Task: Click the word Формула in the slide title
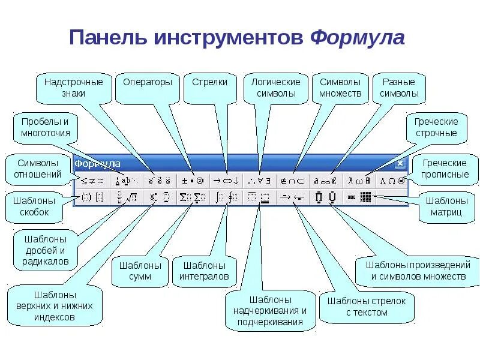358,37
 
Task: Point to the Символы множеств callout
340,88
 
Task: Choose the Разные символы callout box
399,88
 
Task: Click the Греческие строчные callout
436,127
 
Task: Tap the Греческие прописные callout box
445,169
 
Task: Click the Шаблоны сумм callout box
140,271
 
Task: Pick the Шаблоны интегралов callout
204,271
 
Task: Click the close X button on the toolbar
400,163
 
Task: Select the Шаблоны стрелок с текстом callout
367,307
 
